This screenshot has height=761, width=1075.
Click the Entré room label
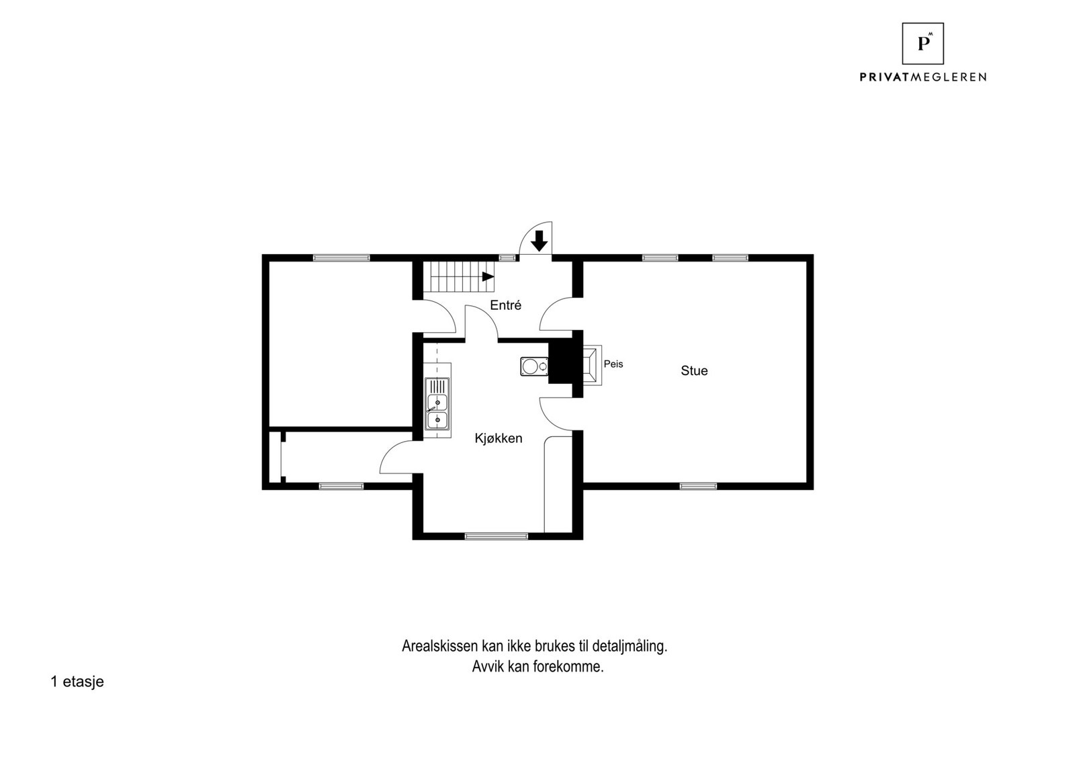tap(505, 305)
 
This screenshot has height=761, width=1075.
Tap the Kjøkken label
tap(498, 438)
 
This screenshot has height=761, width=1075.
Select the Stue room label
tap(694, 371)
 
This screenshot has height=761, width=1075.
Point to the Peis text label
tap(613, 364)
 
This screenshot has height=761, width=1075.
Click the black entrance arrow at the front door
tap(539, 240)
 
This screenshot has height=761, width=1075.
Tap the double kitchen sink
tap(437, 410)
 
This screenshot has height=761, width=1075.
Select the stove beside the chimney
tap(534, 366)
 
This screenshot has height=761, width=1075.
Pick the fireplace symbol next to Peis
tap(592, 364)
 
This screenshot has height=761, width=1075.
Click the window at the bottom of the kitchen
tap(497, 536)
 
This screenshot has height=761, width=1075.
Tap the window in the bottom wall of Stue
tap(698, 485)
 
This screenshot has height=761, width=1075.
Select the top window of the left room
tap(341, 257)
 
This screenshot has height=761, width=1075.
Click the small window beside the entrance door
tap(508, 257)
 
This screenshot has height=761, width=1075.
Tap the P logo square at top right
tap(922, 44)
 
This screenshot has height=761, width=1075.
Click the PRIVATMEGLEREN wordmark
tap(922, 77)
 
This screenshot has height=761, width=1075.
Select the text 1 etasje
tap(77, 682)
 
